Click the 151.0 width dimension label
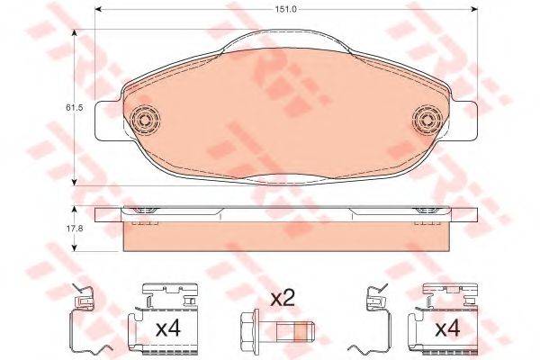tap(285, 9)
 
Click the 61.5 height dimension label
tap(75, 107)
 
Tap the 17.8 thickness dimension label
tap(75, 228)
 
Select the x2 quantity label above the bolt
tap(283, 298)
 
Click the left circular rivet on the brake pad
tap(146, 120)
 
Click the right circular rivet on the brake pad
tap(427, 120)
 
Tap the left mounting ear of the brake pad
tap(108, 121)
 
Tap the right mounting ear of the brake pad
tap(465, 121)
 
